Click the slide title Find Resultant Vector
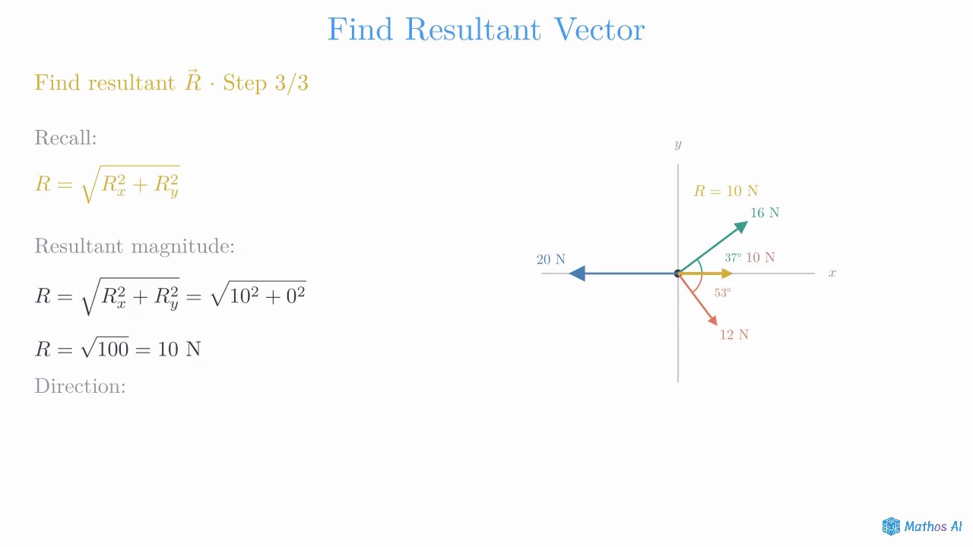486,30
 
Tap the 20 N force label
551,260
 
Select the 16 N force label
765,213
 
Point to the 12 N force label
734,335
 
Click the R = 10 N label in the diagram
726,191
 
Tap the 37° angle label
733,258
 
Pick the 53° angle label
723,292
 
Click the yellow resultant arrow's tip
734,273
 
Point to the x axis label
832,273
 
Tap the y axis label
677,144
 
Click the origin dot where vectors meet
677,273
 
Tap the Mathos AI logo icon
891,526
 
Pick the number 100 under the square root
113,349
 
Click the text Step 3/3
265,83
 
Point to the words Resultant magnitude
135,247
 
